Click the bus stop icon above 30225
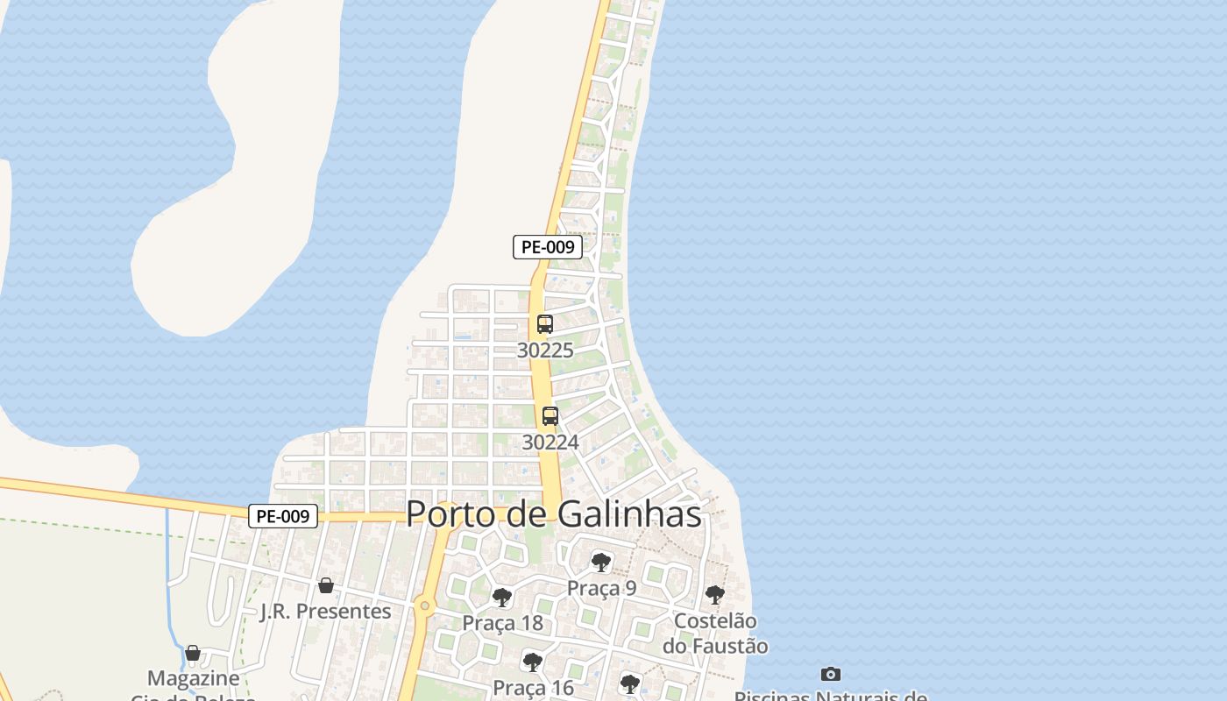pos(545,324)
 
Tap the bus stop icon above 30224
pos(550,416)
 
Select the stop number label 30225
pos(545,350)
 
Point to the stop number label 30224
pos(550,443)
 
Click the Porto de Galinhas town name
pos(554,514)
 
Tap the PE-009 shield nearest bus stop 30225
pos(548,247)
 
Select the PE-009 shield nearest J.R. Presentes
pos(283,517)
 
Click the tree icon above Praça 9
pos(600,562)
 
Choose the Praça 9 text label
pos(601,588)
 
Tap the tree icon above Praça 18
pos(502,598)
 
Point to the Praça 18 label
pos(503,624)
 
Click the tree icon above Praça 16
pos(532,662)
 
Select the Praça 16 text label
pos(533,688)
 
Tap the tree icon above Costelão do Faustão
pos(715,594)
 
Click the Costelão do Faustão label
pos(715,634)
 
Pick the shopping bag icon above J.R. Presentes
pos(326,584)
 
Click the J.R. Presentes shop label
pos(326,611)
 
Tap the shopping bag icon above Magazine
pos(193,653)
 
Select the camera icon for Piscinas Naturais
pos(831,674)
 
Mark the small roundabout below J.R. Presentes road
pos(425,605)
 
